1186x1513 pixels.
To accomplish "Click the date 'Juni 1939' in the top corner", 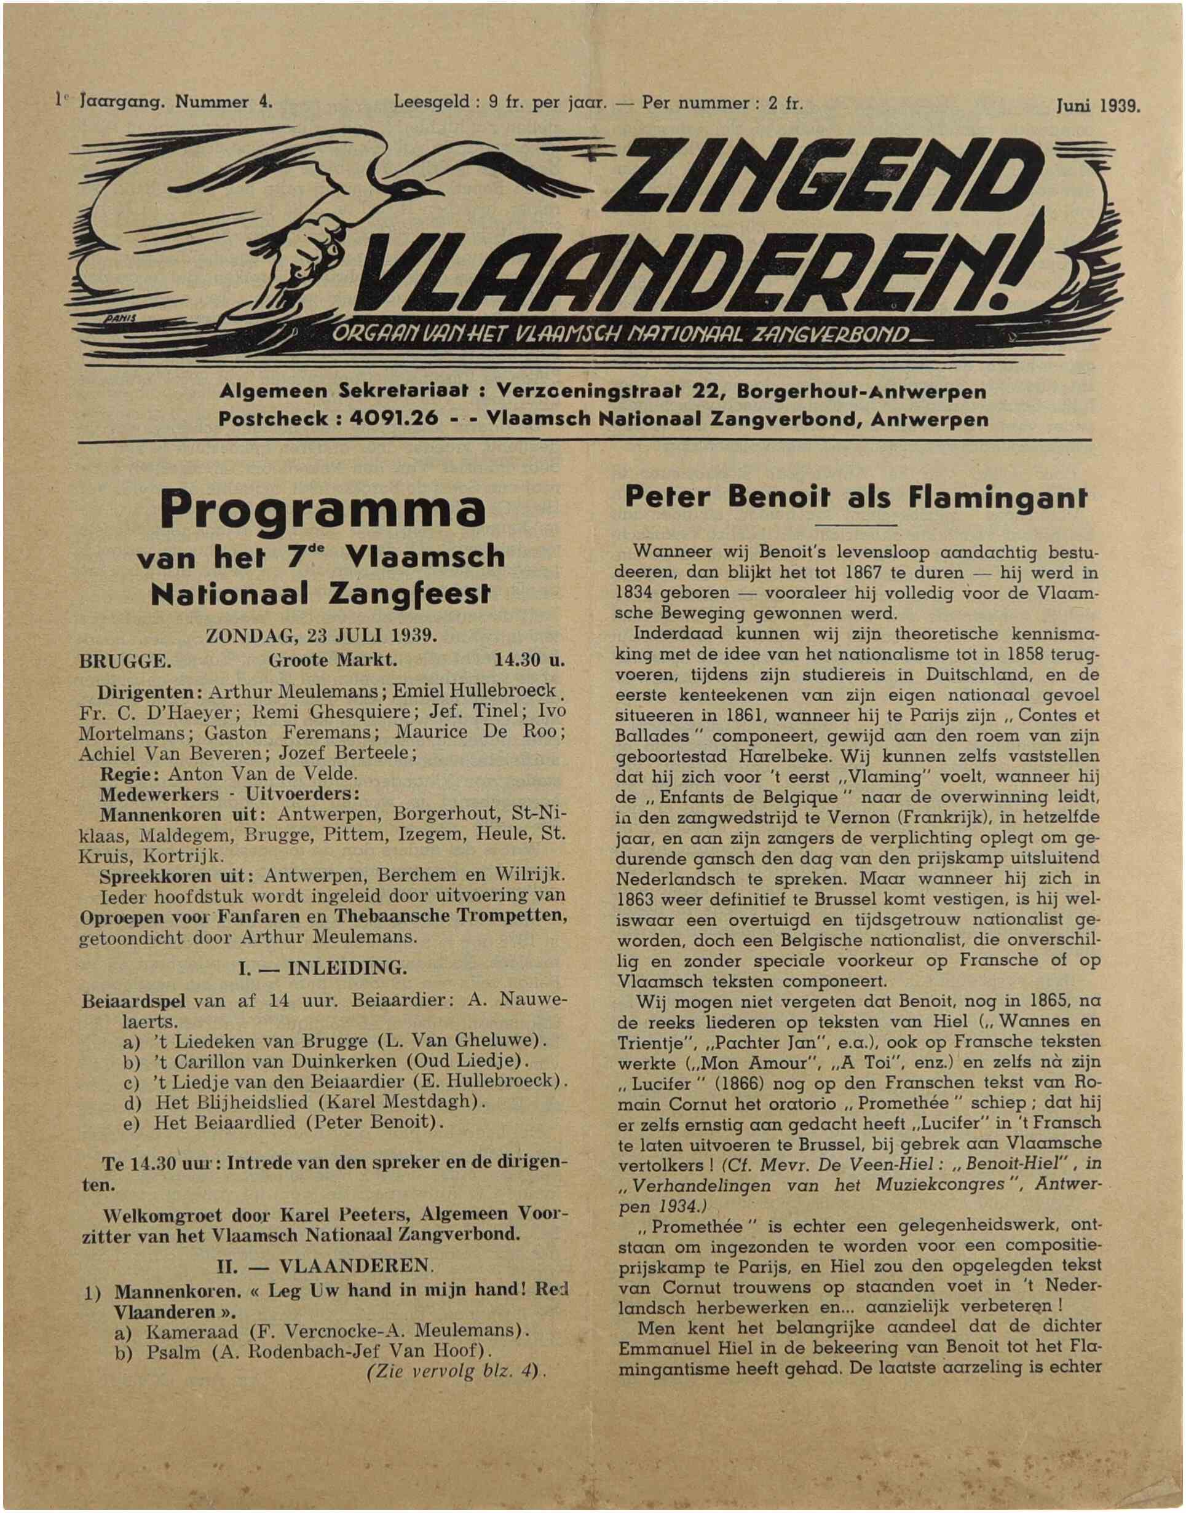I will pos(1097,106).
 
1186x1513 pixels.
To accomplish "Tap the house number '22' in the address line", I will pos(708,392).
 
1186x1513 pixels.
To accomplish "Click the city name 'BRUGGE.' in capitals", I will pos(125,660).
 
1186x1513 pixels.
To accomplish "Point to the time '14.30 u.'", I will pos(530,660).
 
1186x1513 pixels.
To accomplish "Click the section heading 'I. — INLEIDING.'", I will pos(322,967).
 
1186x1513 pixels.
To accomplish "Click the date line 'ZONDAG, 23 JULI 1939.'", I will pos(322,635).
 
